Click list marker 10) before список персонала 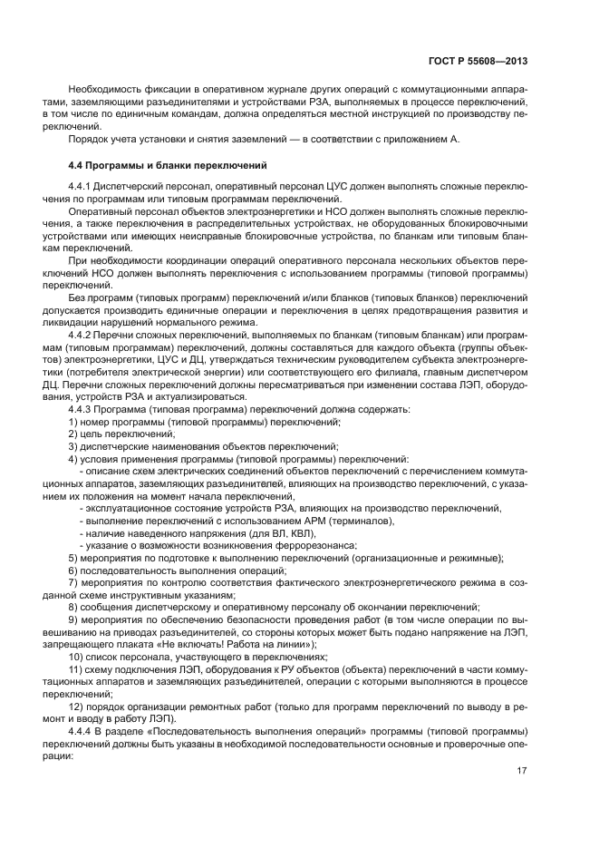point(78,656)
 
